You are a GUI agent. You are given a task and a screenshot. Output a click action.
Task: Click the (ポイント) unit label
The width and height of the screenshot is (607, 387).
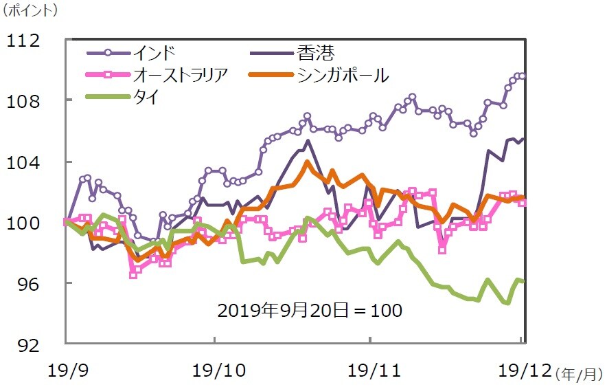(31, 11)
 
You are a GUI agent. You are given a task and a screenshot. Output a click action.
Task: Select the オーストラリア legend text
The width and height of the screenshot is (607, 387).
(180, 75)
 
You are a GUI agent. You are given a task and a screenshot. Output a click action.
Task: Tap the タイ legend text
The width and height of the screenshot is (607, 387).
(146, 98)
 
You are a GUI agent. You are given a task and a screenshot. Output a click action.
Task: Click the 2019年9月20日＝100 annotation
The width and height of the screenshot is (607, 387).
(309, 310)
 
